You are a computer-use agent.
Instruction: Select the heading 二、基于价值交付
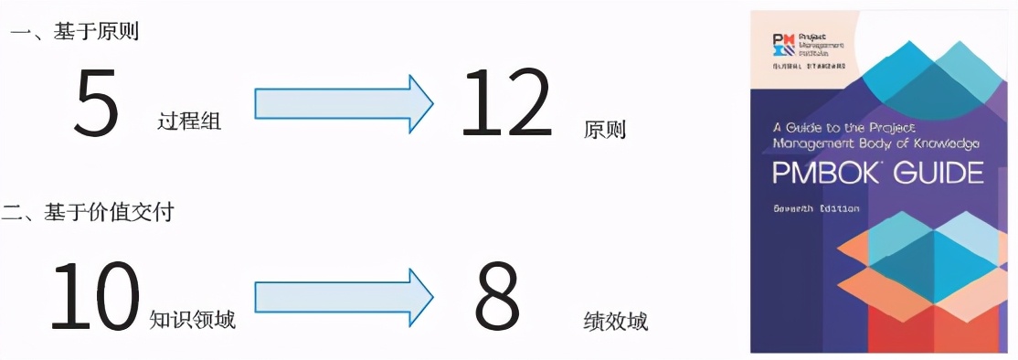[x=88, y=213]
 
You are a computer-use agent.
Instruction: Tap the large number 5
[x=97, y=104]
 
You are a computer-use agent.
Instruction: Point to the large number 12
[x=506, y=104]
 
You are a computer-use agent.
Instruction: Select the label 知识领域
[x=192, y=319]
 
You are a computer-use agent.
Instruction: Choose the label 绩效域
[x=615, y=322]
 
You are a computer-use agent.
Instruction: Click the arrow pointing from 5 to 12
[x=343, y=102]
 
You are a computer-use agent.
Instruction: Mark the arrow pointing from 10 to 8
[x=343, y=294]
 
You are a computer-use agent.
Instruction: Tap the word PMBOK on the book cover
[x=828, y=174]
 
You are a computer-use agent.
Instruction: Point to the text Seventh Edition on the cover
[x=816, y=207]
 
